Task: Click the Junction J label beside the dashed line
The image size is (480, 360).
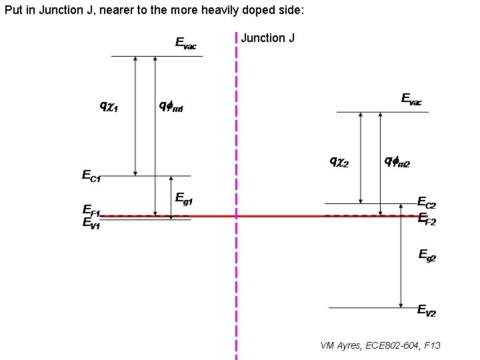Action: [x=267, y=38]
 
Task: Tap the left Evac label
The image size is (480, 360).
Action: [x=185, y=43]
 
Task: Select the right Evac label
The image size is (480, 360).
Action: [x=411, y=99]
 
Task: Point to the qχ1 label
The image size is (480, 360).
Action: [x=109, y=105]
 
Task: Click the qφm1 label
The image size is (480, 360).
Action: [x=171, y=105]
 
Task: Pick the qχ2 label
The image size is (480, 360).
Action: [x=340, y=161]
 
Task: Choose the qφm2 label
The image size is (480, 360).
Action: [x=397, y=161]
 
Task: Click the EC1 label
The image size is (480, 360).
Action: [x=91, y=176]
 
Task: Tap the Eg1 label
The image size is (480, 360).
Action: [x=184, y=198]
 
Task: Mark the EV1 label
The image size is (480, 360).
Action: [x=91, y=224]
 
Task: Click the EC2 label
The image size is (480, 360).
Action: [x=427, y=202]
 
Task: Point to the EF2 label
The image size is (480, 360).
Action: [x=427, y=219]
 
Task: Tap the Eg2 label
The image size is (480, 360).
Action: [x=427, y=254]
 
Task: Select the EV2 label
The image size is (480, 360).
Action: [x=427, y=310]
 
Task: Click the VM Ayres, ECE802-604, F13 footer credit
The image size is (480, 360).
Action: [x=380, y=345]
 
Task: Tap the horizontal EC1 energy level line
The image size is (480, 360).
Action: [x=147, y=176]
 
